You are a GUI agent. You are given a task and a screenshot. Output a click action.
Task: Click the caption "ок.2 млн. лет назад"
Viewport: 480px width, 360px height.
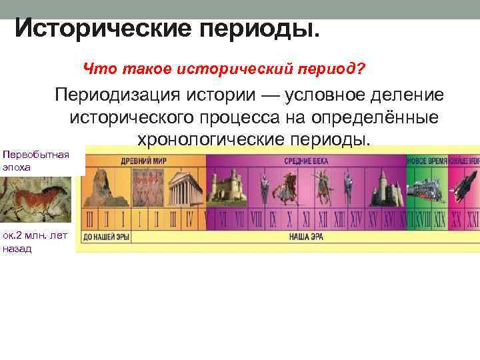tap(35, 241)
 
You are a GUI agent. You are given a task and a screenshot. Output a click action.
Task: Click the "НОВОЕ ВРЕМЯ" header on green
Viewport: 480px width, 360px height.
tap(427, 161)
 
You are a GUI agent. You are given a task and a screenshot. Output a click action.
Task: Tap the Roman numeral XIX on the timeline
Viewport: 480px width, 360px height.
tap(439, 219)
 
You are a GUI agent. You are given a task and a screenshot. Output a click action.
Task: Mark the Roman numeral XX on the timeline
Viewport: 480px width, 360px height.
tap(455, 219)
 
